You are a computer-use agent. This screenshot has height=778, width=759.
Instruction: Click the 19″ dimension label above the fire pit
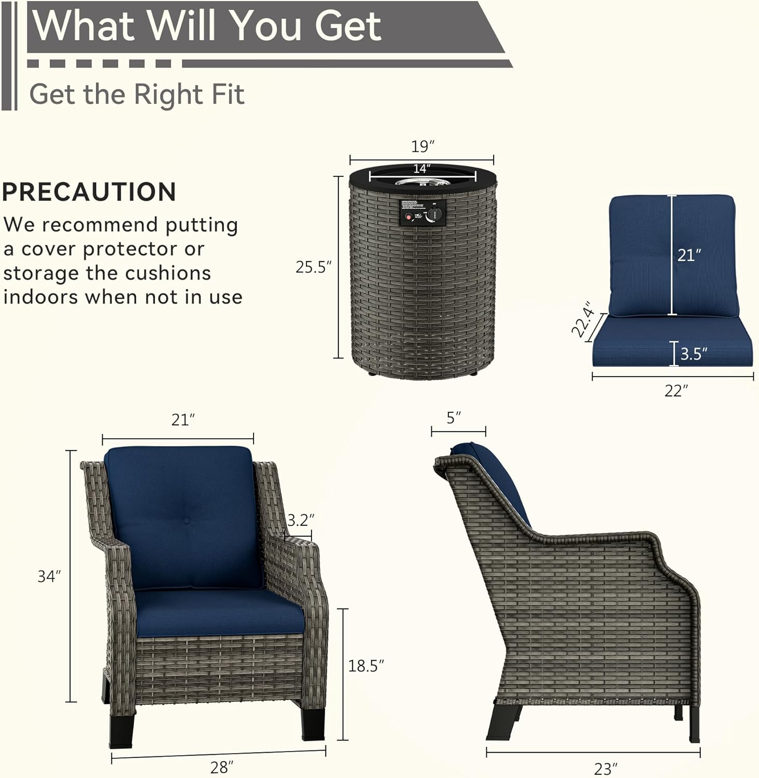(423, 146)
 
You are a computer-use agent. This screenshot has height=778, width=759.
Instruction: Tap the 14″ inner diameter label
(421, 169)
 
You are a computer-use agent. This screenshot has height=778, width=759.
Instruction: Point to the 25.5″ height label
(313, 267)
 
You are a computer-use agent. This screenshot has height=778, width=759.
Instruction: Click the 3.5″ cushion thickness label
(694, 354)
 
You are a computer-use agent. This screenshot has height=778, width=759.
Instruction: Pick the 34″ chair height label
(49, 576)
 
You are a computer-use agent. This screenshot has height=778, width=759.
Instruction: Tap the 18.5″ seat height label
(366, 665)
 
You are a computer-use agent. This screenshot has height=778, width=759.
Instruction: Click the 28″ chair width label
(222, 767)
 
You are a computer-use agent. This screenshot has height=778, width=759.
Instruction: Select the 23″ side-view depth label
(606, 768)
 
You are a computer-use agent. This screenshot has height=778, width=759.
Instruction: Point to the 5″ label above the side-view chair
(454, 418)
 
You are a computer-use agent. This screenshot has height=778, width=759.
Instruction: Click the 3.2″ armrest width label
(301, 519)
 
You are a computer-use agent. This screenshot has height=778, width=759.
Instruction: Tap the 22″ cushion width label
(676, 391)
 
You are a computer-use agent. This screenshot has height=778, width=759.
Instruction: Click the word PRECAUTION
(89, 192)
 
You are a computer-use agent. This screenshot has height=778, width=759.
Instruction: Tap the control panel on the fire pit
(423, 213)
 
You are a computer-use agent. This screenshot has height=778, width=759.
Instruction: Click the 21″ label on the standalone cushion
(689, 255)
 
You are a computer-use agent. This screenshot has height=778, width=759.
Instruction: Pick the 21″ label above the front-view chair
(183, 420)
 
